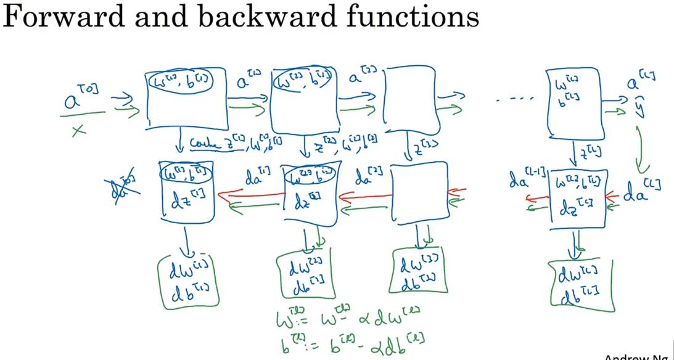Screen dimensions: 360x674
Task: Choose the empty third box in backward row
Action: point(417,198)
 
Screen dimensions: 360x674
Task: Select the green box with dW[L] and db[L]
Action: point(580,282)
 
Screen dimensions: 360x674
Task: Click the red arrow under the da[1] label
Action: point(253,196)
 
